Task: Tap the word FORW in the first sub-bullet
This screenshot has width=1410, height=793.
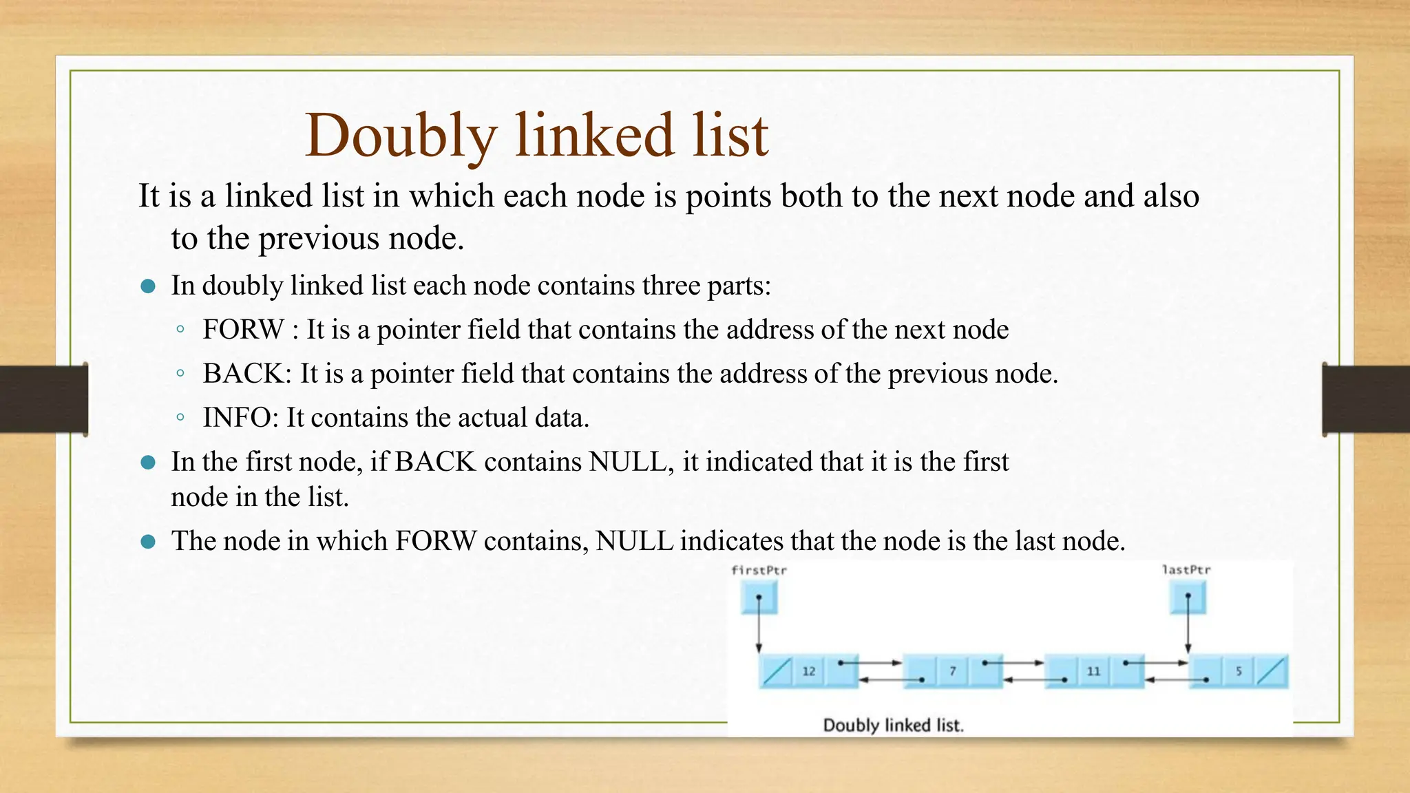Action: pos(243,330)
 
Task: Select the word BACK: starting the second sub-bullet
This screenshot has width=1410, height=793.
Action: pos(247,374)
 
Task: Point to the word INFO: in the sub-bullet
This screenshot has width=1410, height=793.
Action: pos(240,418)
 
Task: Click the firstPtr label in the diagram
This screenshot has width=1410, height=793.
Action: pos(759,570)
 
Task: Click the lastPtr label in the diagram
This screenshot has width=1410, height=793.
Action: pos(1186,570)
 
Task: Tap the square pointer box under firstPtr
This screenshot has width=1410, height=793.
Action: pos(759,597)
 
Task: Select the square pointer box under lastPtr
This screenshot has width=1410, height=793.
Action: pos(1188,597)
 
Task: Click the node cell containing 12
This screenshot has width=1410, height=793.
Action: pos(808,671)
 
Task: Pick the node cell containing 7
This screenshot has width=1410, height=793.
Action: pos(953,671)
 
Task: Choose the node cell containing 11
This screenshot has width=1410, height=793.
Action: pos(1093,671)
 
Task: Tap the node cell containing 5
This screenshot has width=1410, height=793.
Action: pos(1239,671)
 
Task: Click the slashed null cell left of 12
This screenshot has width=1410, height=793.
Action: pos(777,671)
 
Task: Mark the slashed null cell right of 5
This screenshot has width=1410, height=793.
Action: pos(1271,671)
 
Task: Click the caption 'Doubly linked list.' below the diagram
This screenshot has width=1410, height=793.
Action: pos(893,725)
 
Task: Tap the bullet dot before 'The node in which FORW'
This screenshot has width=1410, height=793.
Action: pos(147,542)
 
